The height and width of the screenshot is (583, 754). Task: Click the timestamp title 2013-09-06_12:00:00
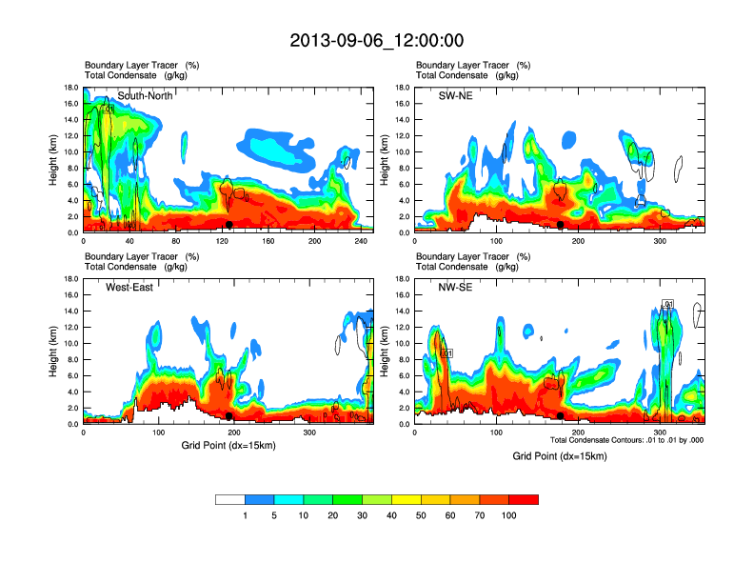click(x=377, y=41)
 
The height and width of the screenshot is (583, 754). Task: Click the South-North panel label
click(x=144, y=95)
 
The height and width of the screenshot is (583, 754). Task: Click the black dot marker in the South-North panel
click(x=229, y=225)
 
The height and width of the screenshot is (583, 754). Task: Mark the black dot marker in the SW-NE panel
click(x=561, y=225)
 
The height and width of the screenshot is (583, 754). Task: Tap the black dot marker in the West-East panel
click(x=229, y=416)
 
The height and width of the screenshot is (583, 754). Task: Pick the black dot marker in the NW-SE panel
click(x=561, y=416)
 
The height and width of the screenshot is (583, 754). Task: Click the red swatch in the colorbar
click(x=524, y=499)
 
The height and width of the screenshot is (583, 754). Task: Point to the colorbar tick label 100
click(x=509, y=515)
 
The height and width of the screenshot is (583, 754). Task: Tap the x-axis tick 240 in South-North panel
click(x=359, y=241)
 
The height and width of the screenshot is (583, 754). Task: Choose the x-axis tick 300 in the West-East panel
click(x=309, y=432)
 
